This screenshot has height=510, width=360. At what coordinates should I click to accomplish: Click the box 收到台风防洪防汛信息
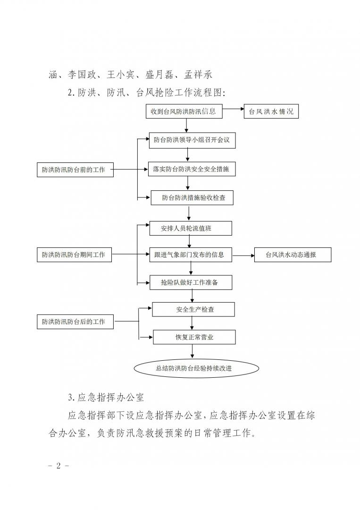click(184, 112)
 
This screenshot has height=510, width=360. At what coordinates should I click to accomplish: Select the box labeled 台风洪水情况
click(271, 112)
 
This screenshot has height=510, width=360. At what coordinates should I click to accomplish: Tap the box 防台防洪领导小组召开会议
click(191, 140)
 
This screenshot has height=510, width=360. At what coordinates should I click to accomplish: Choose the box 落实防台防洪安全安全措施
click(191, 169)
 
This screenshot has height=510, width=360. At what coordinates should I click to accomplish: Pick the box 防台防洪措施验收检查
click(192, 198)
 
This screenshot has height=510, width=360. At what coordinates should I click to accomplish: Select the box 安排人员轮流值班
click(191, 228)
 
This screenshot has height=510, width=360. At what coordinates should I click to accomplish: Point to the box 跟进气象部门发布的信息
click(191, 255)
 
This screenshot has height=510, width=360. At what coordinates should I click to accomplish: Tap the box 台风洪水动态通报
click(293, 255)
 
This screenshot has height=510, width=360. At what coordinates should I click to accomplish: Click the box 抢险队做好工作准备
click(191, 282)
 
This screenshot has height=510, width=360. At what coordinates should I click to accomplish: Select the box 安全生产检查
click(193, 309)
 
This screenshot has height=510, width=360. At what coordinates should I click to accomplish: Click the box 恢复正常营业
click(193, 337)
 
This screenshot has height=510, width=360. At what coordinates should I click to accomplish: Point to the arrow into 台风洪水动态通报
click(243, 255)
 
